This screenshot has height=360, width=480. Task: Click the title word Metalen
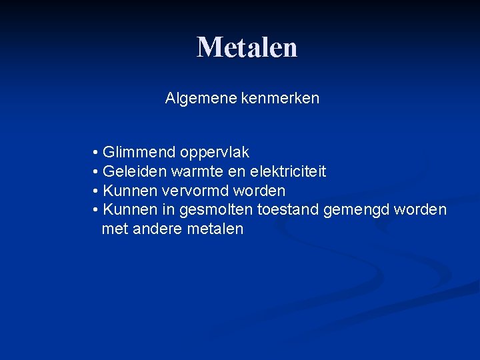click(x=247, y=47)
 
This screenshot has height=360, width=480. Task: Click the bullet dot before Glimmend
click(x=97, y=153)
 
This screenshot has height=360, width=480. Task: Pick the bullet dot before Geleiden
click(x=97, y=172)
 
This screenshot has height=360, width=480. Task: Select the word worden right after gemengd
click(x=421, y=210)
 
